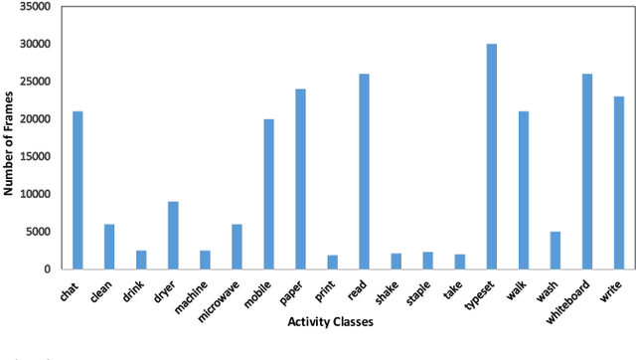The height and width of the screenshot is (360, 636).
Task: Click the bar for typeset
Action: pyautogui.click(x=492, y=156)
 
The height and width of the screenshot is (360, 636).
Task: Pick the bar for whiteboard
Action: pyautogui.click(x=587, y=171)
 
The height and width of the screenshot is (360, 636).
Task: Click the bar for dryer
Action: pyautogui.click(x=173, y=235)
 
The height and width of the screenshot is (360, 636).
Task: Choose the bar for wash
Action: pyautogui.click(x=556, y=250)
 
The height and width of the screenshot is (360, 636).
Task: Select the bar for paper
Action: pyautogui.click(x=300, y=179)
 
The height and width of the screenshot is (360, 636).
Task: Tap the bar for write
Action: pyautogui.click(x=619, y=182)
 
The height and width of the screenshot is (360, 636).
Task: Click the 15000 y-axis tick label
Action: pyautogui.click(x=37, y=157)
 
